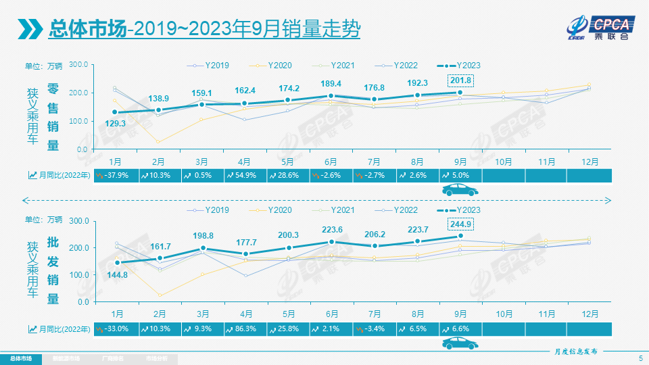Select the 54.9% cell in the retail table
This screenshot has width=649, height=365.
245,176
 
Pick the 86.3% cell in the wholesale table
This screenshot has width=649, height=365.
245,329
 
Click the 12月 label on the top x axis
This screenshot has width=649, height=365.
588,162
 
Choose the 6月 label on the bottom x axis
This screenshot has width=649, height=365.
331,314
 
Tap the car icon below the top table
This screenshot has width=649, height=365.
460,191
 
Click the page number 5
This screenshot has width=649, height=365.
640,358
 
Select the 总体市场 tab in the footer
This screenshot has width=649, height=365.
20,358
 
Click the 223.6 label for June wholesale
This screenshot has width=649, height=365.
331,229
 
